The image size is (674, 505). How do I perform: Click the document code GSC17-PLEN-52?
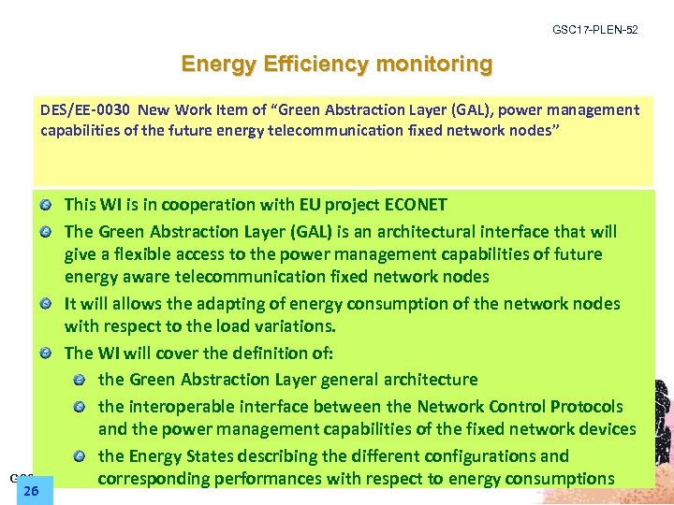pos(595,30)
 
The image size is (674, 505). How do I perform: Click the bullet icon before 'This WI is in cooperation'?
pos(47,204)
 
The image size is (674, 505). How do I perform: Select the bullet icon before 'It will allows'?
pos(47,303)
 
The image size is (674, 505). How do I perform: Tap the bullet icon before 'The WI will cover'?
pos(47,353)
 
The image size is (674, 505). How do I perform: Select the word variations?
pos(292,326)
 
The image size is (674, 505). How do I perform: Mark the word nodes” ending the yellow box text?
pos(533,129)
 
